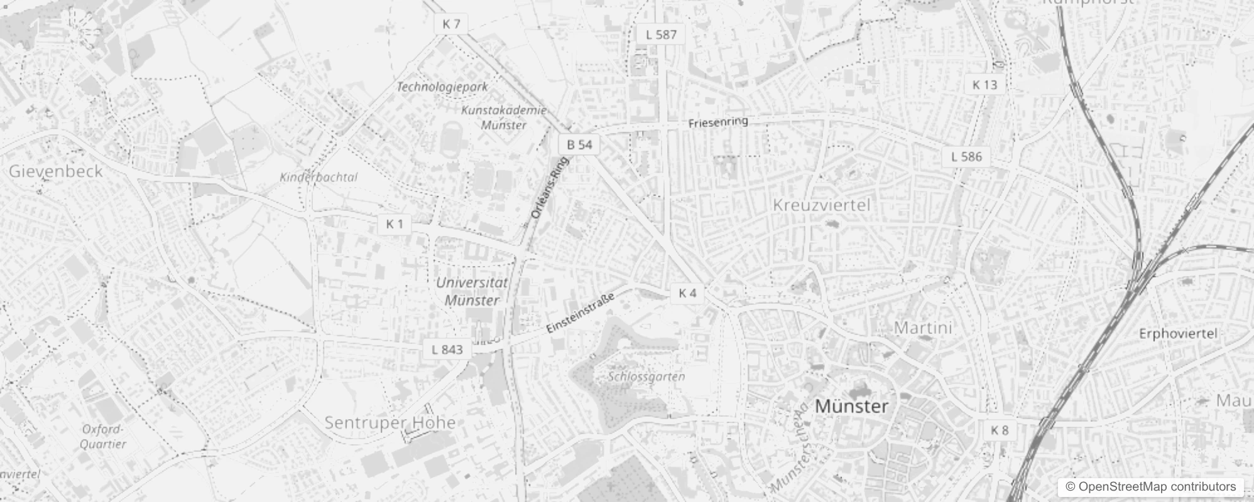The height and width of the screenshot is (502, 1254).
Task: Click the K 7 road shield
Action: [451, 24]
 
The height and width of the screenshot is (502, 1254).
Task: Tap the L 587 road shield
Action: [661, 35]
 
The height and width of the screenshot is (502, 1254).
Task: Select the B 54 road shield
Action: [579, 145]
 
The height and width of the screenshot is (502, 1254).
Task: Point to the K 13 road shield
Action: [984, 85]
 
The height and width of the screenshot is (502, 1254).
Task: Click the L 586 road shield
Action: [966, 157]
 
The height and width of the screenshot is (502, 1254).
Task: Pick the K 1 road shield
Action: [395, 224]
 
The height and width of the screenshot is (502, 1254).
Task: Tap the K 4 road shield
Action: [687, 293]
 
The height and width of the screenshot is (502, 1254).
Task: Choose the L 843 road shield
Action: [447, 350]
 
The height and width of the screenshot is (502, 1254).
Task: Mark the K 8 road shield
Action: [999, 430]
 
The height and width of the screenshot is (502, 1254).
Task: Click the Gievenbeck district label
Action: [55, 171]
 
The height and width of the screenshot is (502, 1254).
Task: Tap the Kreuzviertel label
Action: [822, 205]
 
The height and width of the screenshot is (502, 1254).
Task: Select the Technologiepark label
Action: [442, 87]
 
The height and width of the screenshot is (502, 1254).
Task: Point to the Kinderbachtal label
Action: [319, 178]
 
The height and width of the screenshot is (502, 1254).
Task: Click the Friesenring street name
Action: [718, 122]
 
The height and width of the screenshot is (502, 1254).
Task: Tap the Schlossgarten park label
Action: [646, 376]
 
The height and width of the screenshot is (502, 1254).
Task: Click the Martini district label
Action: [923, 328]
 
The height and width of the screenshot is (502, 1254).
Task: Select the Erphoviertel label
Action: [1178, 334]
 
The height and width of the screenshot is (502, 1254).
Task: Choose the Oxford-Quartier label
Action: [104, 437]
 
